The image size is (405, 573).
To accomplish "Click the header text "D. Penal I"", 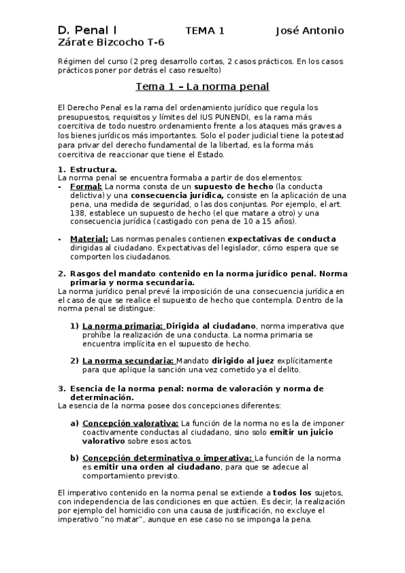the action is [87, 30].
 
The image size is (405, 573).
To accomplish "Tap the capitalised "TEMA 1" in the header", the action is [205, 30].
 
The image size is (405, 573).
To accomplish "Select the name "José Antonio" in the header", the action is [310, 30].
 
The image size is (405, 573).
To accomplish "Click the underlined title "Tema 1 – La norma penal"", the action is [202, 86].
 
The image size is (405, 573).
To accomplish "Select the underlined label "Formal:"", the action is [87, 186].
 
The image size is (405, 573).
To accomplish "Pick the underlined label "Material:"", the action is [89, 239].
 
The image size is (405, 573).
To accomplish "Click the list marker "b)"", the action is [74, 458].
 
